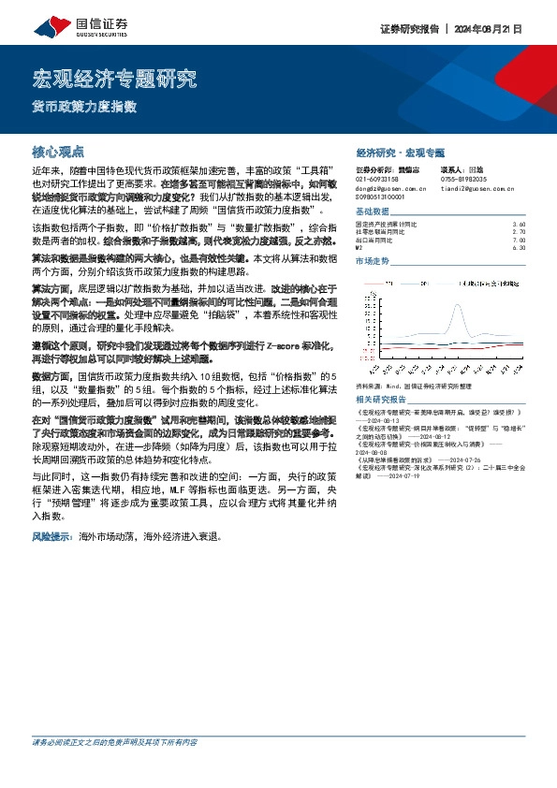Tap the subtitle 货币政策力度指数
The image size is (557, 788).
tap(85, 106)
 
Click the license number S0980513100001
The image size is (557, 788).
tap(381, 197)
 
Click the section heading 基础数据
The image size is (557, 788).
tap(372, 212)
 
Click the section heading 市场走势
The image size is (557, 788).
tap(372, 261)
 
